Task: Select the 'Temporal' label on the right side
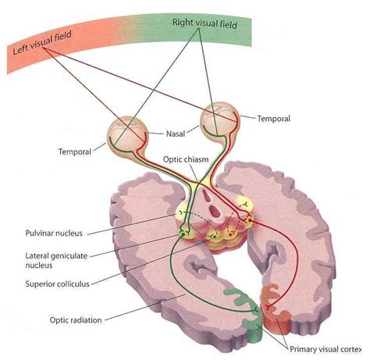tap(274, 119)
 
